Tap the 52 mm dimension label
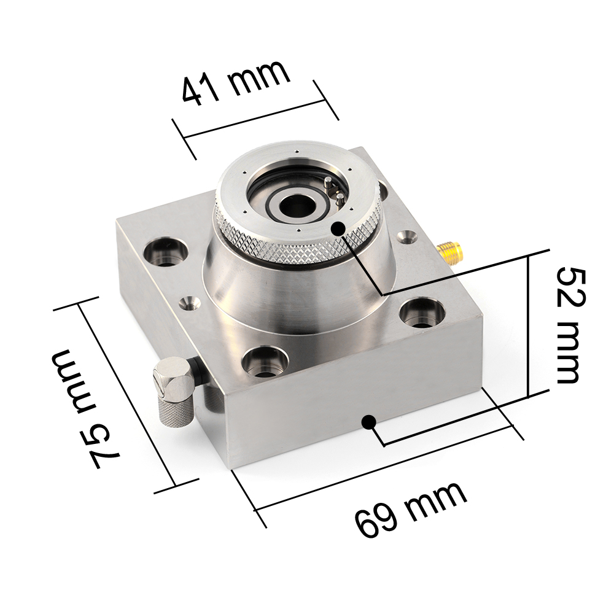click(567, 325)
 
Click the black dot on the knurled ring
click(338, 228)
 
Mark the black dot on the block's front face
click(369, 422)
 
